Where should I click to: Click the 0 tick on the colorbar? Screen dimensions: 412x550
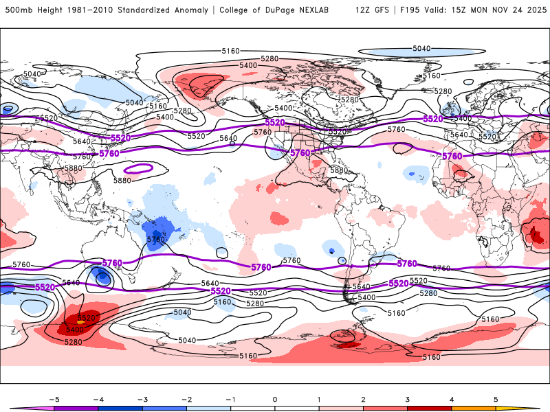pyautogui.click(x=275, y=399)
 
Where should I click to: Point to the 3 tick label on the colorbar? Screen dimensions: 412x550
pyautogui.click(x=408, y=399)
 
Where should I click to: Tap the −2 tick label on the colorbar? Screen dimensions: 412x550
pyautogui.click(x=186, y=399)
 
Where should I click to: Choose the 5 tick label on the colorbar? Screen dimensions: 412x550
pyautogui.click(x=496, y=399)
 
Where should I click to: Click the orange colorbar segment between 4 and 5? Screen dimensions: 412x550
pyautogui.click(x=474, y=408)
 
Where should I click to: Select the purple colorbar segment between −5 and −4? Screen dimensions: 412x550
pyautogui.click(x=76, y=408)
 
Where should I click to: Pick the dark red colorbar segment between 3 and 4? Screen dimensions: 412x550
pyautogui.click(x=430, y=408)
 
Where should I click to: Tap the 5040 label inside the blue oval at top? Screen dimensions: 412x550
pyautogui.click(x=421, y=49)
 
